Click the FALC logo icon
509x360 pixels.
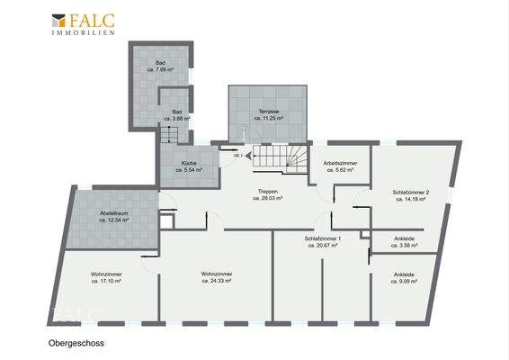point(60,19)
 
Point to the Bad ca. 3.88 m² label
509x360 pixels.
point(177,115)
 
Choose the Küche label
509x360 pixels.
point(189,166)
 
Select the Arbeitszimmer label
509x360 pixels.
point(340,166)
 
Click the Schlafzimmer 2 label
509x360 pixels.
point(410,194)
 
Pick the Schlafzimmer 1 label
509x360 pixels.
point(321,241)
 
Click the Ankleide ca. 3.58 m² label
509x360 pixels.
point(405,241)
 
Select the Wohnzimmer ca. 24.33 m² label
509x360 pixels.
point(217,277)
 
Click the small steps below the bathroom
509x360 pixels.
point(170,135)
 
